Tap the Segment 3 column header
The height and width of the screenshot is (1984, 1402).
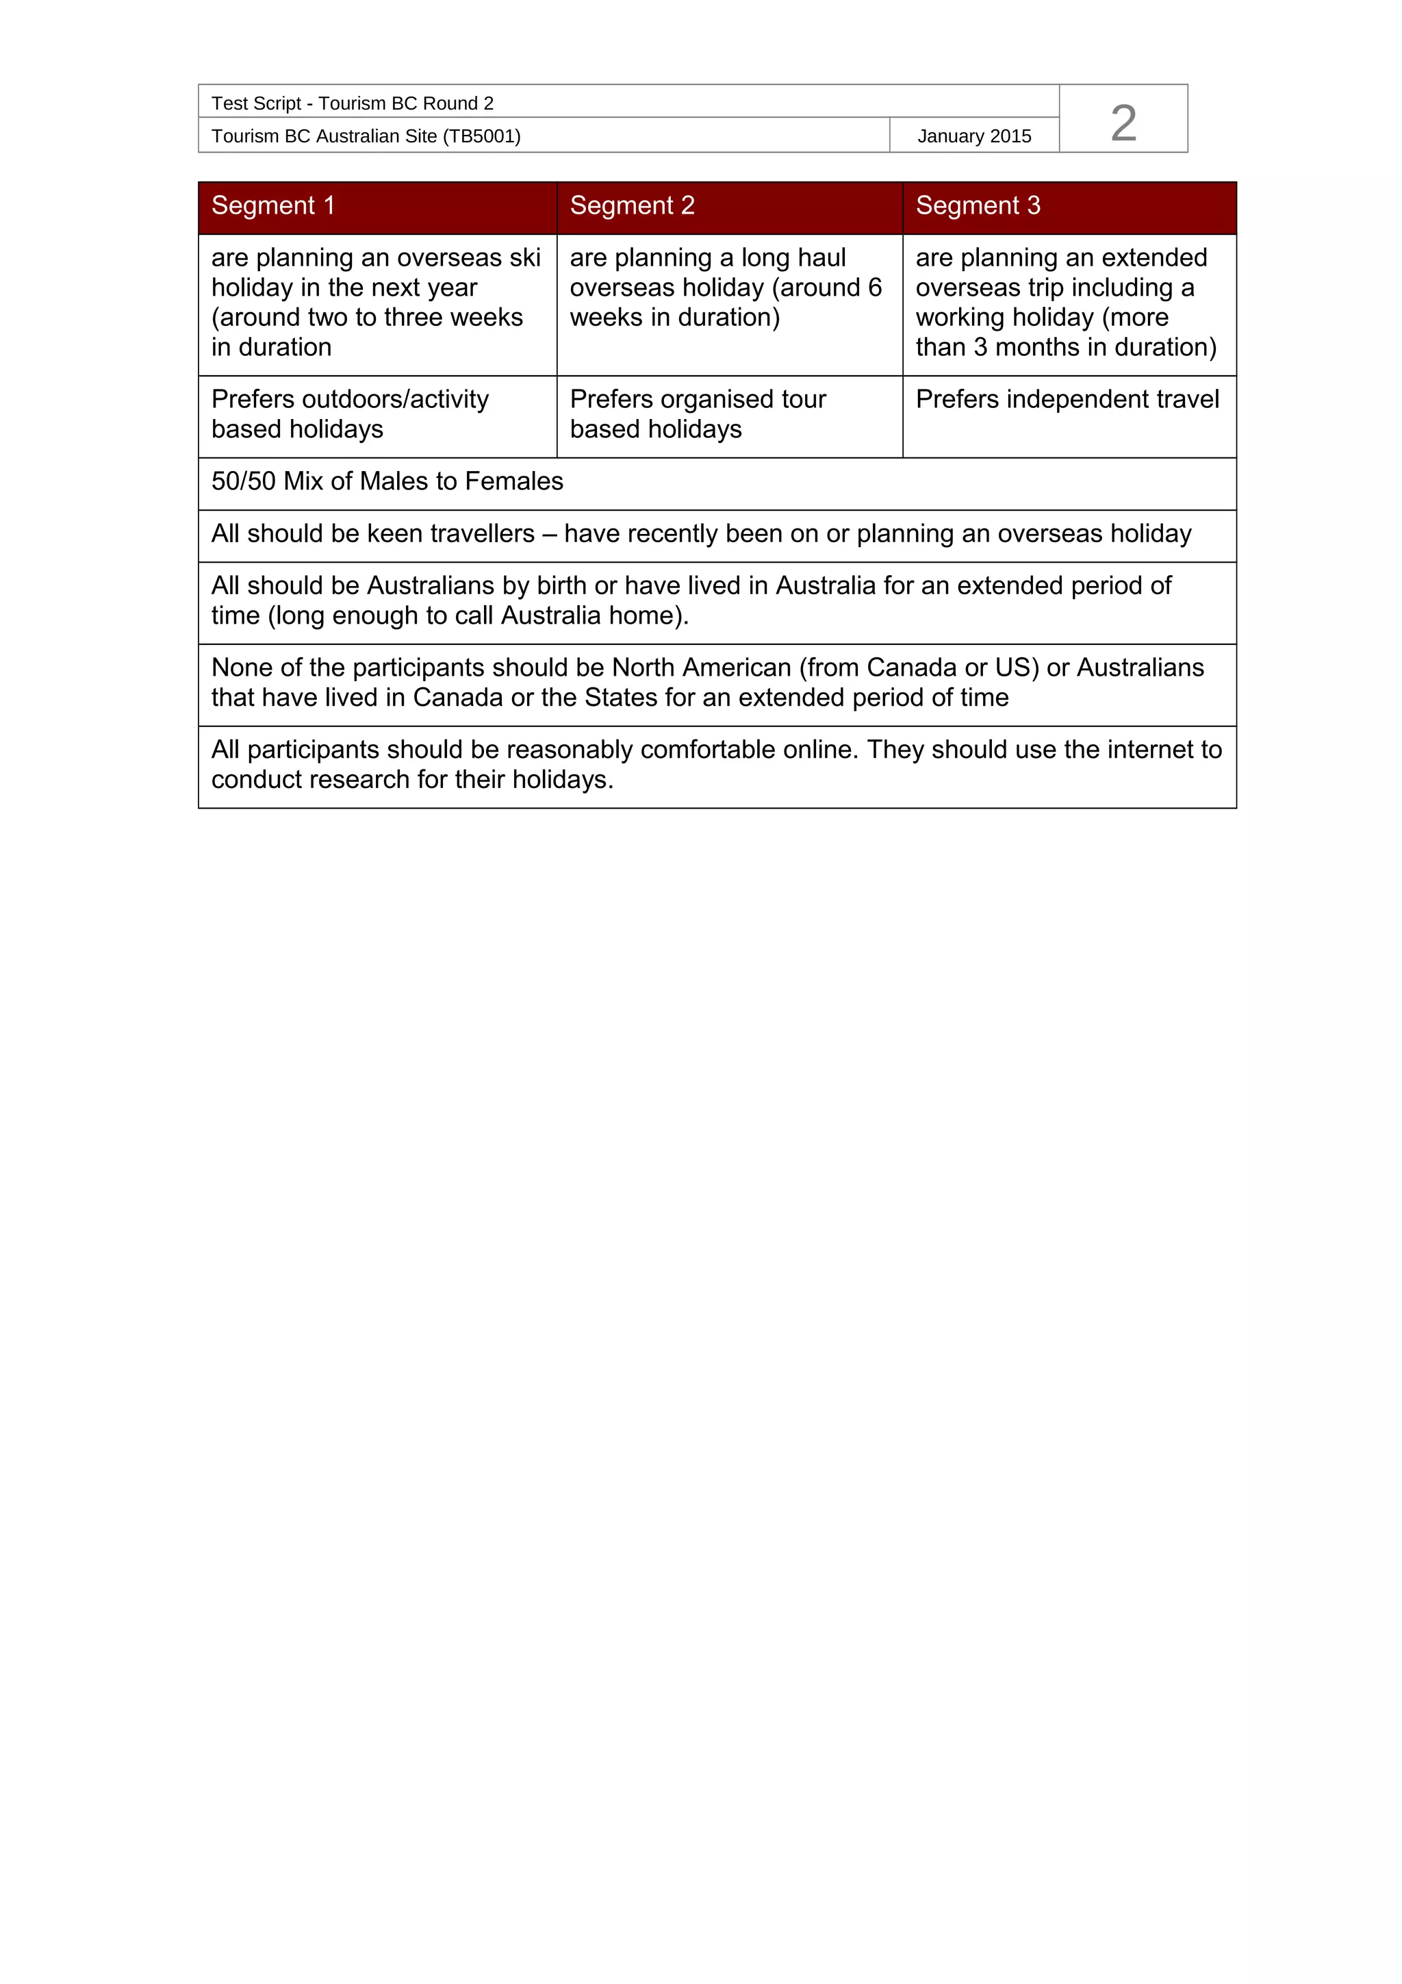coord(977,205)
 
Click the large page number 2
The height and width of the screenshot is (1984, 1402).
coord(1123,122)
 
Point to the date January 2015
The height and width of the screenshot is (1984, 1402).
coord(973,136)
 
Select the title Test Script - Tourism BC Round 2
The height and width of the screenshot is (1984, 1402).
coord(353,103)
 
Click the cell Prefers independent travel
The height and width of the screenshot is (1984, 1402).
coord(1067,399)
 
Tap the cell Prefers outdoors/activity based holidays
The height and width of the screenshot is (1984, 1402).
coord(350,414)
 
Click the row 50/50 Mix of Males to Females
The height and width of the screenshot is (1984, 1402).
coord(387,481)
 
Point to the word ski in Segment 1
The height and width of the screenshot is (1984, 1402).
coord(524,257)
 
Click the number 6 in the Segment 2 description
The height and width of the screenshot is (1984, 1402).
coord(874,288)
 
